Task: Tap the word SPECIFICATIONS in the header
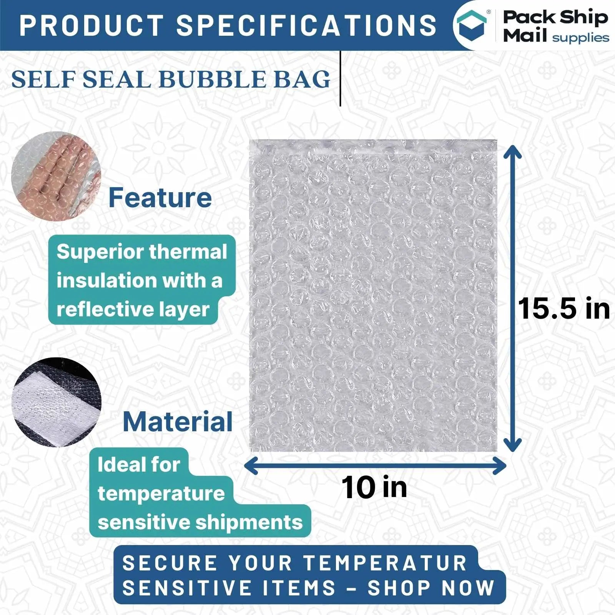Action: point(306,25)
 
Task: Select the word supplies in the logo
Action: point(580,38)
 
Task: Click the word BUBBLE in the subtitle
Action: point(212,79)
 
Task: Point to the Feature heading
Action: point(160,198)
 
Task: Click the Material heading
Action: point(178,422)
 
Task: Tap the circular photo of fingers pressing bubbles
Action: point(56,176)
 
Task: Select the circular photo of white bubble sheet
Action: point(57,402)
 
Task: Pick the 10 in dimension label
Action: point(374,487)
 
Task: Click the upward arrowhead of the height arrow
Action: point(512,151)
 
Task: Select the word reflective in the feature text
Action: point(100,309)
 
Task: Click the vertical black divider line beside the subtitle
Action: point(341,78)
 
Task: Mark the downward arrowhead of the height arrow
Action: point(512,444)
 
